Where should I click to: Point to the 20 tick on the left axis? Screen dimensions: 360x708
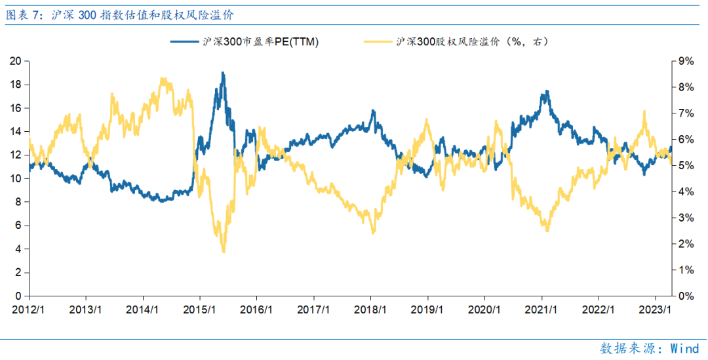17,61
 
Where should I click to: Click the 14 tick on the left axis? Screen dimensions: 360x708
17,132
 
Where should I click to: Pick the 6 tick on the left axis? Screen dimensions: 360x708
20,226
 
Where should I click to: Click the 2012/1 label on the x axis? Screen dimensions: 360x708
29,310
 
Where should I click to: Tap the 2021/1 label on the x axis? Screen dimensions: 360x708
542,310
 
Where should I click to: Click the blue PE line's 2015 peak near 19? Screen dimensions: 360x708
223,73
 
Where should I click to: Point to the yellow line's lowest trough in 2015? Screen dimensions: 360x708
224,251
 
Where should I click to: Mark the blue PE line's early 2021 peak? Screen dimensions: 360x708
545,92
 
